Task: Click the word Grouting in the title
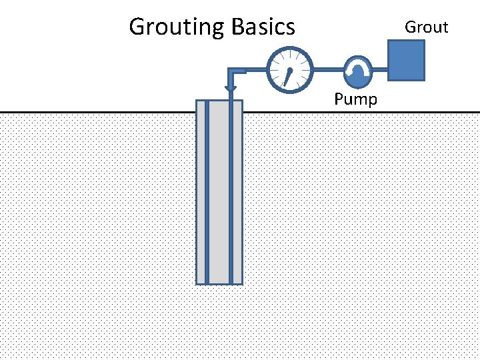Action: pos(177,27)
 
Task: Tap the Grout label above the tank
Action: pos(427,27)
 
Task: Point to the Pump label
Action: pos(355,100)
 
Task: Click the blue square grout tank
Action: pos(406,60)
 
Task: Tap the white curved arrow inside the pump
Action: pos(359,67)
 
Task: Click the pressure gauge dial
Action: pos(289,69)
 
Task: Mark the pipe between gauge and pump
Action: pos(327,69)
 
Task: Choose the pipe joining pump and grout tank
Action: pos(381,69)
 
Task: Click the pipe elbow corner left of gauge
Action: pos(231,69)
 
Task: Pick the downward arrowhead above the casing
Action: pos(231,88)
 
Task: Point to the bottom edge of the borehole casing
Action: pos(219,285)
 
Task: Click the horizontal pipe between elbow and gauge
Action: pos(250,69)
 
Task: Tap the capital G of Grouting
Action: pos(137,27)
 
